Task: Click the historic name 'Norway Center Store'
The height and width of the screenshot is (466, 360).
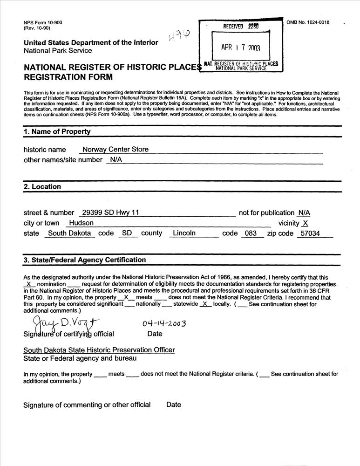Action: (115, 150)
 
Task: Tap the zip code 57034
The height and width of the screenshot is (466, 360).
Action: (310, 233)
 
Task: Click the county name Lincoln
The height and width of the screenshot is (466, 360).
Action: (184, 233)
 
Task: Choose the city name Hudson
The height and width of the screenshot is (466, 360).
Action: (81, 223)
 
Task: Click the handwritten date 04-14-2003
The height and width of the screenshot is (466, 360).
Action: (163, 323)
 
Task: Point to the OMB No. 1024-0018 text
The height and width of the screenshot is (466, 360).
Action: (308, 22)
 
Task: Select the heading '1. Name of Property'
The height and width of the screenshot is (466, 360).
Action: (57, 131)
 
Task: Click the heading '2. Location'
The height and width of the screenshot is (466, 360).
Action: (42, 186)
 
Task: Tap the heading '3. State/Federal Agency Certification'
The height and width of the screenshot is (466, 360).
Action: (85, 260)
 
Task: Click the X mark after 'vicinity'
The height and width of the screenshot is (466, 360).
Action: (305, 223)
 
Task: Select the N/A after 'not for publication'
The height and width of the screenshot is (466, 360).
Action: (304, 212)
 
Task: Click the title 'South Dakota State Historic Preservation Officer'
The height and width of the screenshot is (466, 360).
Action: (99, 349)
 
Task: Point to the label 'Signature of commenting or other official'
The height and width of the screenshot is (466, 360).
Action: (87, 404)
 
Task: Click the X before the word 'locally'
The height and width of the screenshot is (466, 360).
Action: (204, 304)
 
